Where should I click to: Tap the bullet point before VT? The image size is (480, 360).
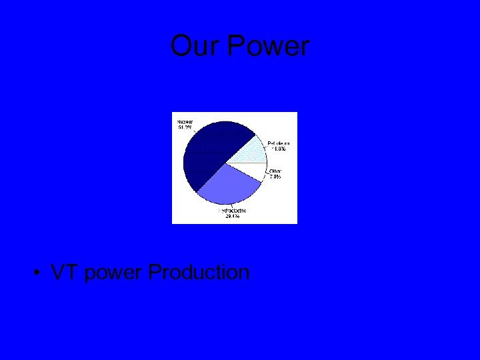click(40, 273)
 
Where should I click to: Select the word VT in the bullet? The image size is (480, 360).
click(65, 273)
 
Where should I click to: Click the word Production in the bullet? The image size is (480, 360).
click(199, 273)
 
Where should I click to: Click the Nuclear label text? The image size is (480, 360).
click(185, 122)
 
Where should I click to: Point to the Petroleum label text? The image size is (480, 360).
click(279, 143)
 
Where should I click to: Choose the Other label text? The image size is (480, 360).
click(275, 171)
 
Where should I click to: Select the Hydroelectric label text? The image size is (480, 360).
click(232, 211)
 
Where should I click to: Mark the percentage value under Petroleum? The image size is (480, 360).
click(279, 149)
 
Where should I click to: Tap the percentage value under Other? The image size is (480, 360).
click(275, 177)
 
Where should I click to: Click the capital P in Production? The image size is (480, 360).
click(155, 273)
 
